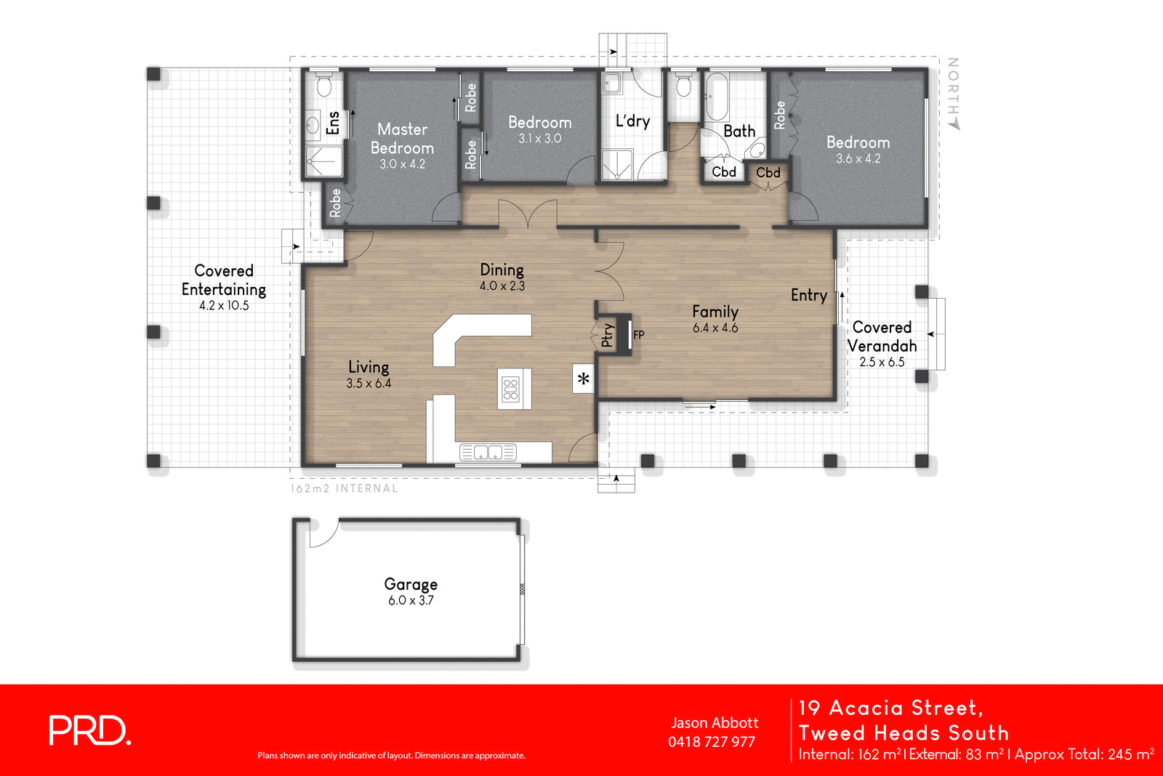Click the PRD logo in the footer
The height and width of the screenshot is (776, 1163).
(x=89, y=730)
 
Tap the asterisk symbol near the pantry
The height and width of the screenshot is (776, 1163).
(x=583, y=379)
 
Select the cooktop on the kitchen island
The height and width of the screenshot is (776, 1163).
(x=511, y=389)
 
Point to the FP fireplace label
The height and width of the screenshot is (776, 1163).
(x=639, y=335)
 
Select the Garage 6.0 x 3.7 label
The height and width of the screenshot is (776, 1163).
(x=411, y=591)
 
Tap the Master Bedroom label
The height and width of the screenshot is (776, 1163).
(x=402, y=139)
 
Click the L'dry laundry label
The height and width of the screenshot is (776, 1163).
(x=632, y=121)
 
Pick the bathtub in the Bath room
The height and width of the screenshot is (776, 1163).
(x=717, y=97)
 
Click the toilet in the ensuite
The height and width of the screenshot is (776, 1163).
(x=324, y=86)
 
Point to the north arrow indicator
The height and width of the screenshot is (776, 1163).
(x=954, y=94)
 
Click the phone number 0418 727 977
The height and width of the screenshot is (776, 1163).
(x=712, y=742)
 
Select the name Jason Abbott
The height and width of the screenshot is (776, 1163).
(x=715, y=723)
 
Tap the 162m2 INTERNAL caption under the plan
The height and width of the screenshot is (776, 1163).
(x=344, y=488)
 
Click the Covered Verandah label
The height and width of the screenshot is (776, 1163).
(x=882, y=337)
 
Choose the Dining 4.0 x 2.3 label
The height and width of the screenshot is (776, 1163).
(x=502, y=277)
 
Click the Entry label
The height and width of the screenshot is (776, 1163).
(x=809, y=295)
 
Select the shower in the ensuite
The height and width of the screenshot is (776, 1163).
(x=323, y=161)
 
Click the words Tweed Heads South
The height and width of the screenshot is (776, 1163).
(x=904, y=732)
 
